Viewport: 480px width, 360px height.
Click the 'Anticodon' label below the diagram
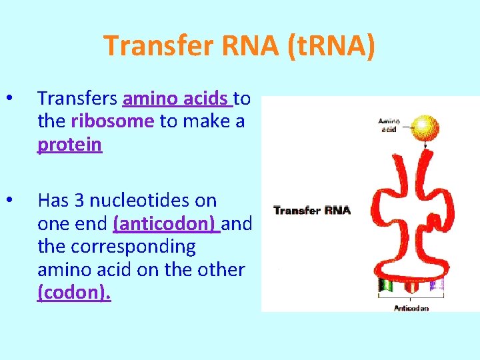[411, 308]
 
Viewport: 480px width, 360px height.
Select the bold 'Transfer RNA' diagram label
[312, 211]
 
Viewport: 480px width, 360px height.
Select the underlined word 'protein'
[70, 145]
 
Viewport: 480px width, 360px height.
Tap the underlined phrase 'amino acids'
[177, 99]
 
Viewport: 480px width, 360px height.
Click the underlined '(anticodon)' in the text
[167, 223]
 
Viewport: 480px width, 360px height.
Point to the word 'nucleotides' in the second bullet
[153, 200]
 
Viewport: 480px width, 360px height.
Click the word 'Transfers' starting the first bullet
[78, 99]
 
